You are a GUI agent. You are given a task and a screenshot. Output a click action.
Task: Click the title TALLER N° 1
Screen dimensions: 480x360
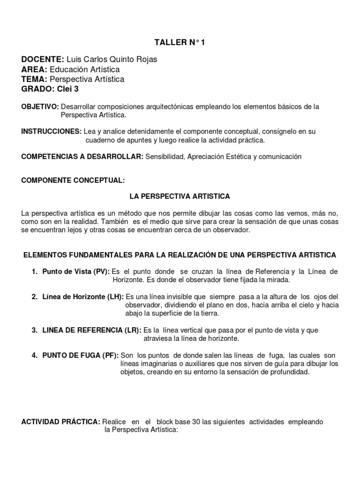(180, 43)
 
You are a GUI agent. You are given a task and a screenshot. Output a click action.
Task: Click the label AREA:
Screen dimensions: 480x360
(34, 69)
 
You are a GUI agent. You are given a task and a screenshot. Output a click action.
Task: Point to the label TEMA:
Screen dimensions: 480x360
(35, 79)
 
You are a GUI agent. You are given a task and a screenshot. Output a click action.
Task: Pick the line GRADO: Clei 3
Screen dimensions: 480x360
(46, 89)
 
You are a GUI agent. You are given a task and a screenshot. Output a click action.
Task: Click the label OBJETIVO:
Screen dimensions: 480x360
(40, 107)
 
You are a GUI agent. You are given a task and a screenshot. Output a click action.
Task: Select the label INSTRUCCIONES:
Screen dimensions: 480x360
(51, 132)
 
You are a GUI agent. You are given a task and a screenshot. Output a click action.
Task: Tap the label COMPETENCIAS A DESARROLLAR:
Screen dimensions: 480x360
(82, 157)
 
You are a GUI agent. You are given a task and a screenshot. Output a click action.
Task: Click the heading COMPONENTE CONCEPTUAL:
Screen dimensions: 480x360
(73, 180)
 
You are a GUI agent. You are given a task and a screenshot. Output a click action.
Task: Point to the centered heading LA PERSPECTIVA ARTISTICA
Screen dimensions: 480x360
(180, 196)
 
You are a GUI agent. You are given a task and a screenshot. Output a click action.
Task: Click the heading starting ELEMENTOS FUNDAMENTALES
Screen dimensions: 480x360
(180, 255)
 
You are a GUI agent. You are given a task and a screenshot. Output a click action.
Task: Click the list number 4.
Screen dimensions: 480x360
(35, 355)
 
